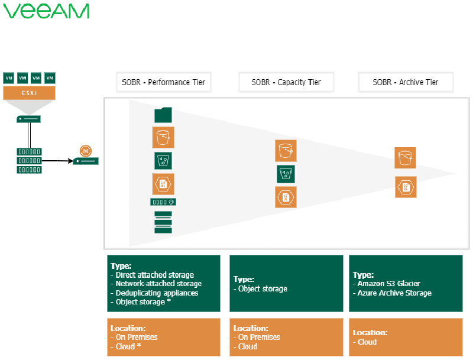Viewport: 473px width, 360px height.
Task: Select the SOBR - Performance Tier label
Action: [x=164, y=82]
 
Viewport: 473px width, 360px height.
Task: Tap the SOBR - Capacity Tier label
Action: [x=286, y=82]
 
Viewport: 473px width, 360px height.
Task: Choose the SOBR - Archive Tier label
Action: [x=406, y=82]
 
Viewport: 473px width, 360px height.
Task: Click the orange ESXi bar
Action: [x=29, y=93]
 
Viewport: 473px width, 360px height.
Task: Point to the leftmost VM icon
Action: [x=9, y=77]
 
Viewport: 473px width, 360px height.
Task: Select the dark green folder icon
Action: [x=163, y=115]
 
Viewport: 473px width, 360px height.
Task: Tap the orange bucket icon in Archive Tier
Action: [x=406, y=158]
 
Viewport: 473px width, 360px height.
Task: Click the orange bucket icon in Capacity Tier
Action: [x=286, y=151]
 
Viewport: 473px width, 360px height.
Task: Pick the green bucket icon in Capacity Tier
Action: [x=286, y=174]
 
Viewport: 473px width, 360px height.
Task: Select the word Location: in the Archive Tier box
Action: [x=371, y=332]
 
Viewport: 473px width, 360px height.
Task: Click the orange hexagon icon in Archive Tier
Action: [x=406, y=187]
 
